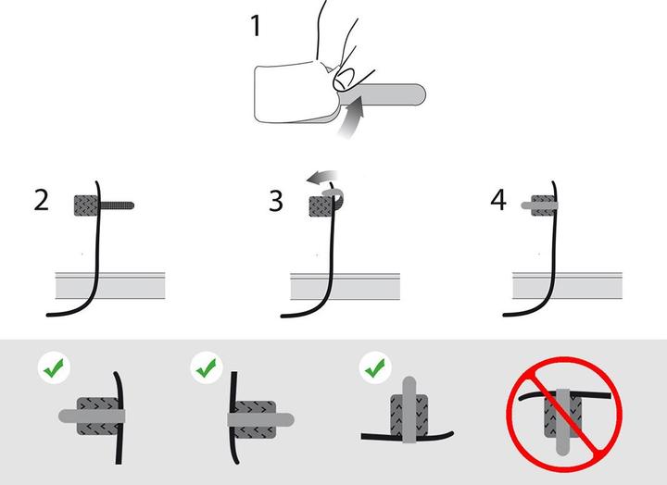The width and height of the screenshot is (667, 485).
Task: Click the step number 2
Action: (x=41, y=201)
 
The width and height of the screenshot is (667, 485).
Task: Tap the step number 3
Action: (x=276, y=201)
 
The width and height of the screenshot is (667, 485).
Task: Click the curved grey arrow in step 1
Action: (x=348, y=120)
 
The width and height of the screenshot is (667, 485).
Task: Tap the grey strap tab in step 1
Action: (x=394, y=93)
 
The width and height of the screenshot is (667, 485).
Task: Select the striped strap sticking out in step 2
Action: (x=119, y=203)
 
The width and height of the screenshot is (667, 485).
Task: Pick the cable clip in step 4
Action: (x=543, y=203)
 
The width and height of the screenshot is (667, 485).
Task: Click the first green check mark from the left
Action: (x=53, y=368)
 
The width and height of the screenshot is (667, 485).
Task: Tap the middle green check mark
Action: (x=207, y=368)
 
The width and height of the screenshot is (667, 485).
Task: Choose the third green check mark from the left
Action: (x=373, y=368)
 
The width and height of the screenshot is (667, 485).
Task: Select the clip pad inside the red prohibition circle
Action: (x=561, y=416)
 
